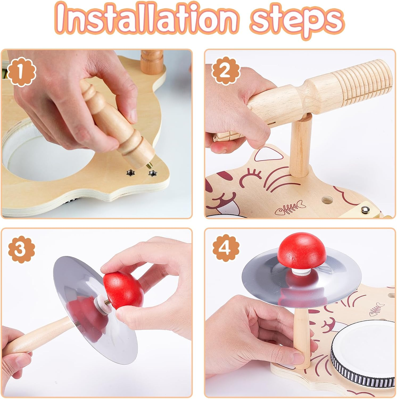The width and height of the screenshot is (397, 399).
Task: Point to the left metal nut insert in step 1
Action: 130,173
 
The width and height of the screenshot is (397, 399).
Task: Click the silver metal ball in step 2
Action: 364,210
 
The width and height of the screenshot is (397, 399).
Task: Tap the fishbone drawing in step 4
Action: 377,309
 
